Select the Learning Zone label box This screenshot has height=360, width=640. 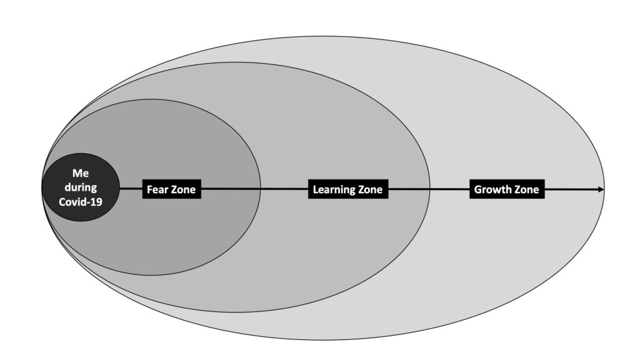[x=348, y=189]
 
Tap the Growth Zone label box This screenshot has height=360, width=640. [x=507, y=189]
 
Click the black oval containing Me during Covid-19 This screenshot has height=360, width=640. [x=81, y=187]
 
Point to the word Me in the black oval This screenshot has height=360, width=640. [x=81, y=174]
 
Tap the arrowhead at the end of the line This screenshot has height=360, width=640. [x=601, y=189]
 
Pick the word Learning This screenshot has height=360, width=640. [x=334, y=189]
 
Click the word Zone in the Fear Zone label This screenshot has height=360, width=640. [x=184, y=189]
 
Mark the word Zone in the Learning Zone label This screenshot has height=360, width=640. [x=370, y=189]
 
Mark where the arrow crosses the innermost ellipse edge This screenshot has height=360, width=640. [x=261, y=189]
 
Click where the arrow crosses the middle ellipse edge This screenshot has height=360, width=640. [x=430, y=189]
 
